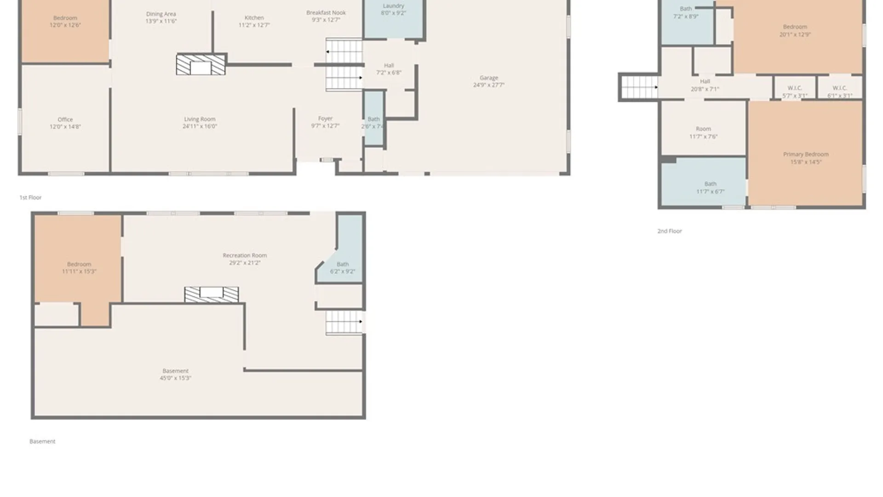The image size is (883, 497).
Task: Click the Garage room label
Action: click(488, 78)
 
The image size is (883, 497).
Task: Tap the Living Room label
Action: click(200, 119)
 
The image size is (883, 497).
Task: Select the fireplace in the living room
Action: click(201, 65)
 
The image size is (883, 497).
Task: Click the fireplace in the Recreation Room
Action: click(212, 295)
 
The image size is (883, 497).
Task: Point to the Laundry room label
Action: click(393, 6)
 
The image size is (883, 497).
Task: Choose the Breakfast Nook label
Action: click(326, 13)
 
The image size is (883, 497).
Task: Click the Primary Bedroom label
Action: click(806, 154)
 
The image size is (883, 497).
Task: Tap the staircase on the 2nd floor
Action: click(639, 87)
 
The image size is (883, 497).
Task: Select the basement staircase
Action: click(344, 322)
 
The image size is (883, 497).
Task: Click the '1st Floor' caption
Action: click(30, 197)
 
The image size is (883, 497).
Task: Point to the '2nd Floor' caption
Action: click(669, 231)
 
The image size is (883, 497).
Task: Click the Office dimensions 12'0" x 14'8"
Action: click(65, 127)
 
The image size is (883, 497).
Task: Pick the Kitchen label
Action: click(254, 17)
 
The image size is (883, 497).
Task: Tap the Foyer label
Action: click(325, 119)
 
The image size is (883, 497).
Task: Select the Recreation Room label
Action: click(245, 255)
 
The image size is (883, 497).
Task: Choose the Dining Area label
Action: click(161, 14)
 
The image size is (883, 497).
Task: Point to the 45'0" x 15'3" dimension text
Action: click(175, 378)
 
